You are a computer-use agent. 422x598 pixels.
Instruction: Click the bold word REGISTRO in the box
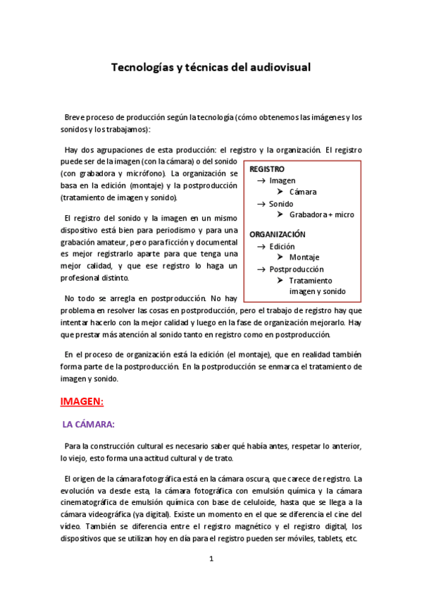coord(267,169)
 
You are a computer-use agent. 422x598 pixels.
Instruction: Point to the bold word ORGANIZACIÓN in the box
coord(278,233)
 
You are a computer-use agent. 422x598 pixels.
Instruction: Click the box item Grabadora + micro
coord(321,214)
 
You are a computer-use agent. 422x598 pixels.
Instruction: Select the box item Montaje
coord(304,257)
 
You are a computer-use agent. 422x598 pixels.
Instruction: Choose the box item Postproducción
coord(297,269)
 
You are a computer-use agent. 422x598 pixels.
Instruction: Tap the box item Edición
coord(283,247)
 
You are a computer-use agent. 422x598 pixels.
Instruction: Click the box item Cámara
coord(303,192)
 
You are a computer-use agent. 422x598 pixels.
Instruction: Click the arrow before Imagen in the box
coord(260,181)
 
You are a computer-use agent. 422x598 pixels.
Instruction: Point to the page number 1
coord(210,559)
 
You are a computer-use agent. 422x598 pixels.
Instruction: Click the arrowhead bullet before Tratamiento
coord(280,280)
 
